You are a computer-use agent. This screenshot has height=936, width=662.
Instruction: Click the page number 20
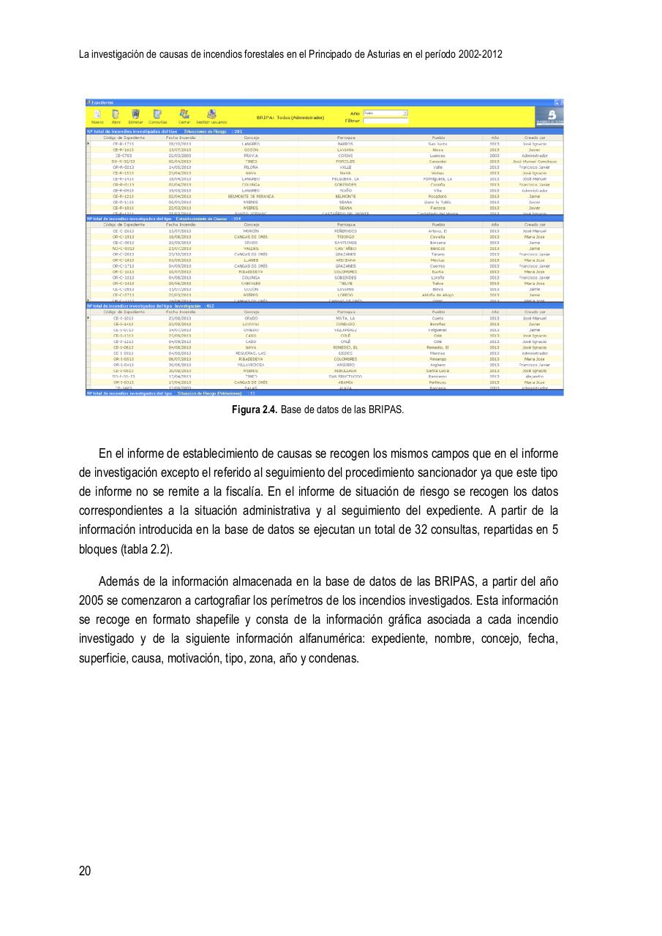[85, 870]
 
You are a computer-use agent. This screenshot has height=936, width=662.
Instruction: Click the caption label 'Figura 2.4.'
[255, 409]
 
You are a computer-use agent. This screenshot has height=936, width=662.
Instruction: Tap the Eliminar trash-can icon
[135, 114]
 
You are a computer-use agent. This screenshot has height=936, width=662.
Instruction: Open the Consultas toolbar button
[157, 114]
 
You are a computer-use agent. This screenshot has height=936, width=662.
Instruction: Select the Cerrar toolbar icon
[184, 114]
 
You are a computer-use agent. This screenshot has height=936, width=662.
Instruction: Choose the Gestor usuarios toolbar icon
[211, 114]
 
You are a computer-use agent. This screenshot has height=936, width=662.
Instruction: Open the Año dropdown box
[385, 113]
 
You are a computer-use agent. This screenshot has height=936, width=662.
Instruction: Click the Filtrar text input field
[385, 121]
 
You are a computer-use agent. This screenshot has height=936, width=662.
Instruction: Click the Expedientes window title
[102, 102]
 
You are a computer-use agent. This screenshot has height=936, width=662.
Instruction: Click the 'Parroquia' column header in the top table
[346, 137]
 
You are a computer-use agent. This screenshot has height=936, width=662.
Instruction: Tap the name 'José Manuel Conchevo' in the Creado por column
[534, 161]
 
